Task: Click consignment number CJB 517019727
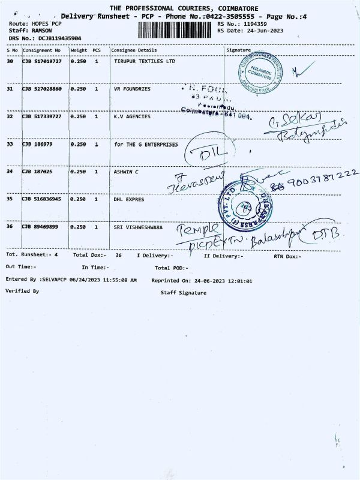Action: tap(42, 61)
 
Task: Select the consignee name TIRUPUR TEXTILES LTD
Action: tap(145, 61)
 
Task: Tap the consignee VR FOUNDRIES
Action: tap(132, 89)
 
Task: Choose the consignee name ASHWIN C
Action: tap(127, 172)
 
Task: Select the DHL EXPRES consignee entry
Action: tap(129, 199)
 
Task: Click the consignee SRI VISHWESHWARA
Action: tap(138, 227)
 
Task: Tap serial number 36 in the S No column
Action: tap(10, 227)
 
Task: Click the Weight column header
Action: tap(79, 50)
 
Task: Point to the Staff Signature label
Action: tap(183, 293)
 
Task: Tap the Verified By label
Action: tap(22, 290)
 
